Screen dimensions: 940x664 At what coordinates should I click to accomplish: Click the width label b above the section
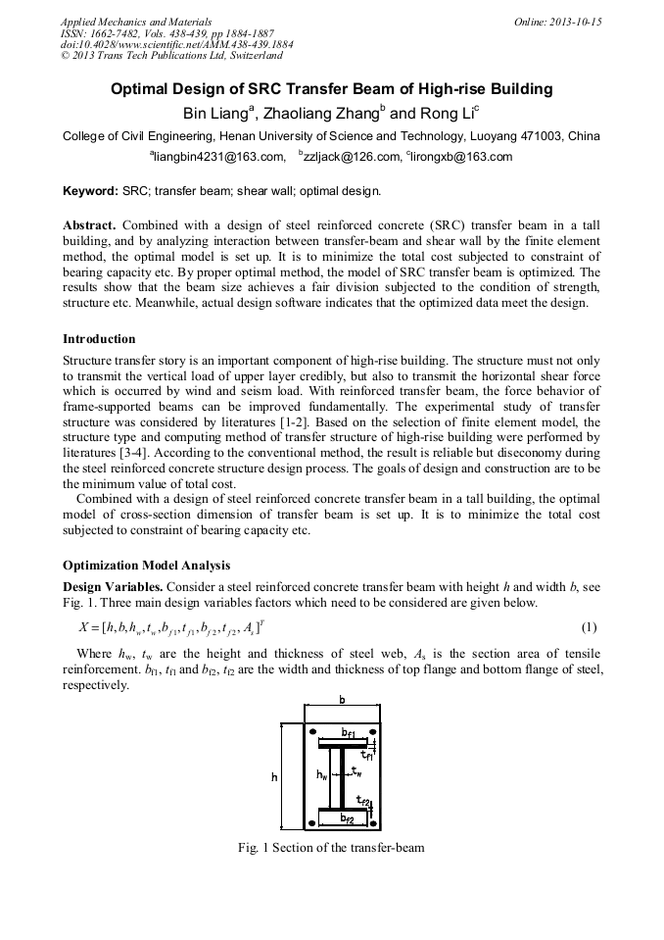coord(342,700)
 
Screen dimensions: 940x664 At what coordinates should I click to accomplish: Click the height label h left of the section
coord(275,776)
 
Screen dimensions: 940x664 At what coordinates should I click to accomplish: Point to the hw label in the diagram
coord(322,774)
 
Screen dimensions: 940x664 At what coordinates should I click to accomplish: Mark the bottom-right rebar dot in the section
coord(373,816)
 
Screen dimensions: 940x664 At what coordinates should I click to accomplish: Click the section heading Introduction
coord(99,339)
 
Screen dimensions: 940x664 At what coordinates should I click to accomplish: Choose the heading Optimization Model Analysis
coord(146,566)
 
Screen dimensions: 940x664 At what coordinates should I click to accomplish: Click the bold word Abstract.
coord(90,225)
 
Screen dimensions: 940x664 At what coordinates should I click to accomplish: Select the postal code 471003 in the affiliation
coord(545,136)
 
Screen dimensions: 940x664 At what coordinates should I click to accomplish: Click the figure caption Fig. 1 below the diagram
coord(331,847)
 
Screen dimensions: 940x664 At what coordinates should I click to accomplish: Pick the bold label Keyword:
coord(90,190)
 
